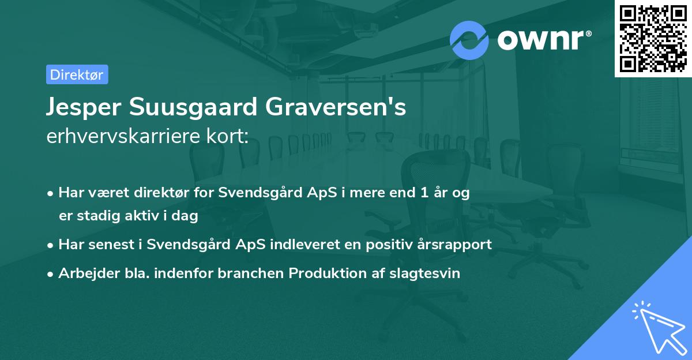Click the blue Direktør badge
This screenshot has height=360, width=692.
coord(77,74)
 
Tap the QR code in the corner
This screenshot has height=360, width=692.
coord(653,38)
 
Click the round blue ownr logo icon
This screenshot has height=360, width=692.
coord(469,40)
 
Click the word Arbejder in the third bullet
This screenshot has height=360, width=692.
coord(84,273)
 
